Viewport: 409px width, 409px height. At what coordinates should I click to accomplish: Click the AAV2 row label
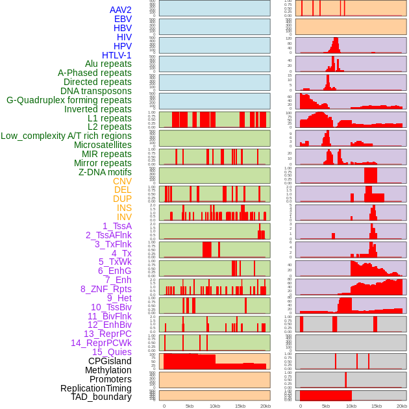(120, 10)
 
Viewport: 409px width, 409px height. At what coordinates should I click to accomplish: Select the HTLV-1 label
(116, 55)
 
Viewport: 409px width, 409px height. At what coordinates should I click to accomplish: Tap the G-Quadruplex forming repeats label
(69, 100)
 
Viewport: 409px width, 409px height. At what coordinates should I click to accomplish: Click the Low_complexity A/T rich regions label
(66, 136)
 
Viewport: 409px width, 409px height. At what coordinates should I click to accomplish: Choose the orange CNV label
(122, 181)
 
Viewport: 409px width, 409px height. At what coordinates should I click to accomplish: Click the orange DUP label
(122, 199)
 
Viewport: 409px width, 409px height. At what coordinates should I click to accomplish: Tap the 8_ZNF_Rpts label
(106, 289)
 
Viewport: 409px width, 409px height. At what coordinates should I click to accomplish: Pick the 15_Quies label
(112, 352)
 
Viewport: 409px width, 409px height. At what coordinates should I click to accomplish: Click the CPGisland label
(110, 361)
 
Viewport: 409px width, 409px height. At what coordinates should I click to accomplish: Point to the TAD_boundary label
(101, 397)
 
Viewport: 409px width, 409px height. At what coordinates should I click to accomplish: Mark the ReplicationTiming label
(95, 388)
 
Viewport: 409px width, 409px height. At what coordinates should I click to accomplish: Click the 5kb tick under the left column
(190, 406)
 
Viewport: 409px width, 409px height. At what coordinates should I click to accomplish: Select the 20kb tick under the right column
(402, 406)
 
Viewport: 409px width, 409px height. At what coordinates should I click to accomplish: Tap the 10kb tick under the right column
(351, 406)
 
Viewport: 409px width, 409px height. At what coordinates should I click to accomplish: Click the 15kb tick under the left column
(240, 406)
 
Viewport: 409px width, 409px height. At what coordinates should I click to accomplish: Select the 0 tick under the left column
(164, 406)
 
